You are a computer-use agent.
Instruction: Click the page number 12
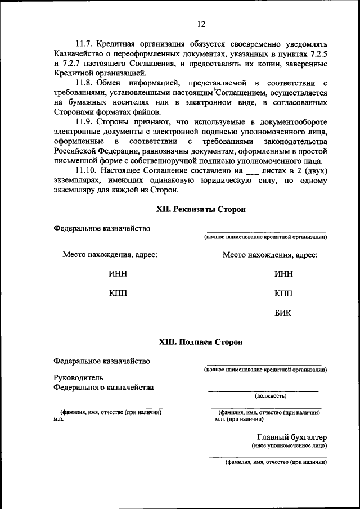[x=201, y=24]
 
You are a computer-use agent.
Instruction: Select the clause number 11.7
[x=85, y=43]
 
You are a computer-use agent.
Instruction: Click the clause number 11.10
[x=88, y=170]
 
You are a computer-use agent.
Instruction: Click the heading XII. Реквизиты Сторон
[x=201, y=209]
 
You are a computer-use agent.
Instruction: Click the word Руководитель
[x=78, y=377]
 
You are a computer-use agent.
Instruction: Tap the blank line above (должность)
[x=263, y=390]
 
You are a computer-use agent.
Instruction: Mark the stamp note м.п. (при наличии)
[x=239, y=419]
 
